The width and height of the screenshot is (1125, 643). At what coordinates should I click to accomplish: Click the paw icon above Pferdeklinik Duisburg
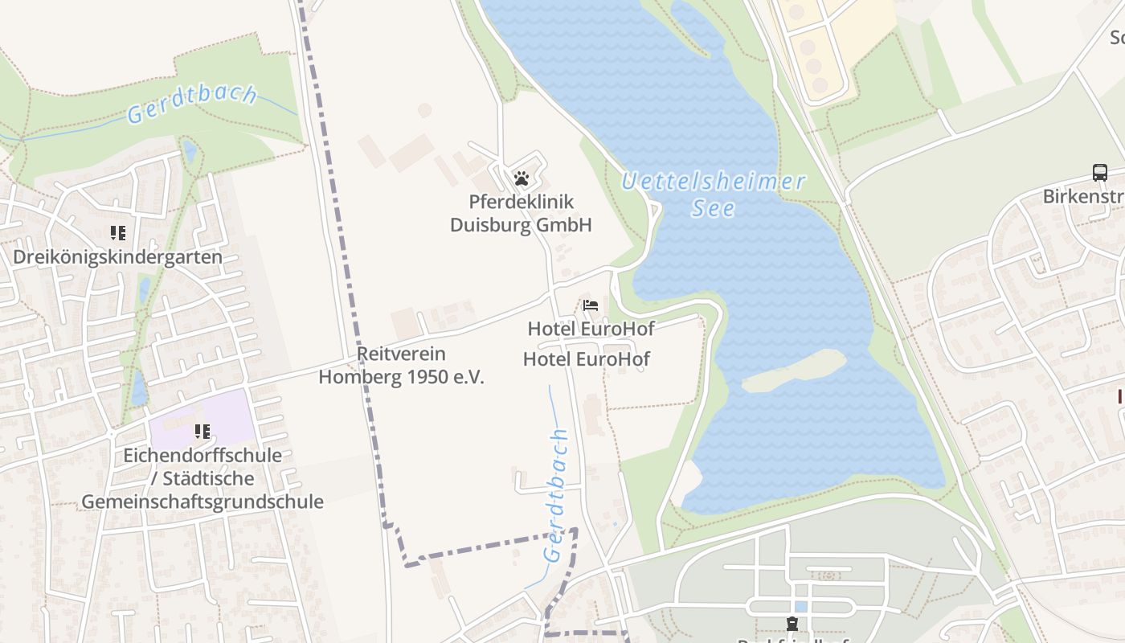(x=522, y=178)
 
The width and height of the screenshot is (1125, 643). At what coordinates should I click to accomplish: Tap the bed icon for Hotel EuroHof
(x=591, y=305)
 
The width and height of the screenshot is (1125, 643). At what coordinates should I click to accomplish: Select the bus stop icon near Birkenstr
(x=1099, y=172)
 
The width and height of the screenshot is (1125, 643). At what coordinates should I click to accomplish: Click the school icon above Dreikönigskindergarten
(x=118, y=233)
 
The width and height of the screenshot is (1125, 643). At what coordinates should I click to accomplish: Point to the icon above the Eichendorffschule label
(x=202, y=432)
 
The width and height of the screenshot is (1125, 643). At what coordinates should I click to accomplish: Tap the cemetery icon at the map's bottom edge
(x=792, y=624)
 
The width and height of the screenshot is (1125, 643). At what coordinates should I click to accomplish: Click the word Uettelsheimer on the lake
(x=714, y=182)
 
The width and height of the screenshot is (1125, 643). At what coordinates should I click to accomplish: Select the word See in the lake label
(x=713, y=208)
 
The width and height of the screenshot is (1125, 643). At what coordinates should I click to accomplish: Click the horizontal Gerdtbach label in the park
(x=192, y=104)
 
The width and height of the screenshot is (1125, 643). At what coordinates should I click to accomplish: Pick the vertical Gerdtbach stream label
(x=555, y=494)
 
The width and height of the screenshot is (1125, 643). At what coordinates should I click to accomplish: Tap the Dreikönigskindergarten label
(x=117, y=257)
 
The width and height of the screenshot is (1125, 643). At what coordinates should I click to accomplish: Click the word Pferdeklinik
(x=522, y=201)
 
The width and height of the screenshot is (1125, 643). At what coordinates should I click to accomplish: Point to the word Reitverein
(x=401, y=354)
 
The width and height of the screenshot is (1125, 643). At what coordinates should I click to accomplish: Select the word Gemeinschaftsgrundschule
(x=202, y=502)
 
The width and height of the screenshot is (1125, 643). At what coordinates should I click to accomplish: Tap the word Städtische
(x=208, y=478)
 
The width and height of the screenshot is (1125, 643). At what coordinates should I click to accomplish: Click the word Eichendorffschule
(x=202, y=455)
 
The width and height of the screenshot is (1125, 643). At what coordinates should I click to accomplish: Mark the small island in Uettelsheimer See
(x=794, y=371)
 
